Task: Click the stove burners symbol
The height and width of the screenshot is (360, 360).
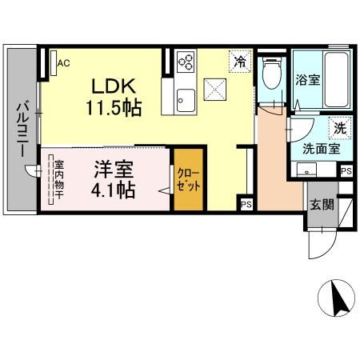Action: tap(186, 61)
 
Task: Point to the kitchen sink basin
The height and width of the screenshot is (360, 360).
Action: tap(186, 101)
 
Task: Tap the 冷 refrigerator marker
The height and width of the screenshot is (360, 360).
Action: tap(240, 59)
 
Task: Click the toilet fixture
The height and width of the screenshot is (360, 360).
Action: tap(271, 74)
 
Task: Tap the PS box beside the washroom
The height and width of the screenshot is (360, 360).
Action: tap(346, 171)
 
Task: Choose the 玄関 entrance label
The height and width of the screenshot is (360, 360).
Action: tap(322, 203)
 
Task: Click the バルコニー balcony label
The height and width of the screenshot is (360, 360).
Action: tap(22, 129)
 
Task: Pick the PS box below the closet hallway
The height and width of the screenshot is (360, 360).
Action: tap(245, 204)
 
